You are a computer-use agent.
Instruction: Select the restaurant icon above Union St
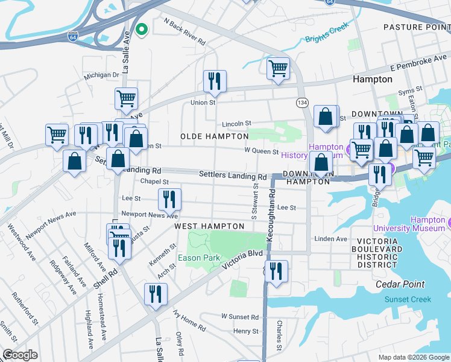pos(215,81)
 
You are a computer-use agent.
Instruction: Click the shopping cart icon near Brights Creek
pos(278,68)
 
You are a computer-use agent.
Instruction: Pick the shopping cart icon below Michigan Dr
pos(126,98)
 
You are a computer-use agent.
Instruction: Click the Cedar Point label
pos(400,284)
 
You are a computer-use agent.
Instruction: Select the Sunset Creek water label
pos(408,299)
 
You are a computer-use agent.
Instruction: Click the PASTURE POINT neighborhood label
pos(417,27)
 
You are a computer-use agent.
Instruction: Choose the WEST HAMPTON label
pos(209,226)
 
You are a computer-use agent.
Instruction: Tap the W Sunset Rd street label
pos(239,316)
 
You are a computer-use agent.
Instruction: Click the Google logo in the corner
pos(19,355)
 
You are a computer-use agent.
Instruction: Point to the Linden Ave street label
pos(332,239)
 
